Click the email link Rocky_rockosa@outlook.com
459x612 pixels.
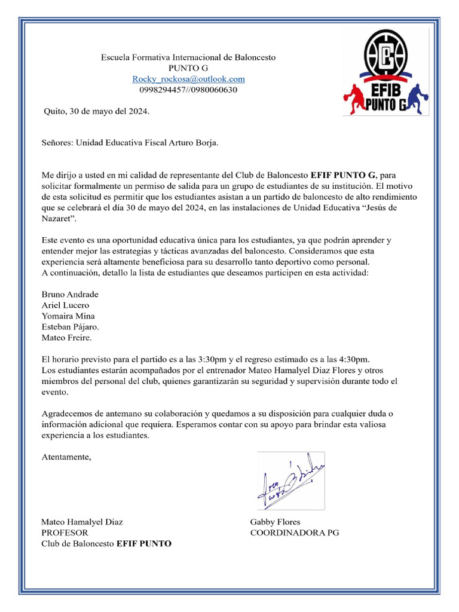point(188,79)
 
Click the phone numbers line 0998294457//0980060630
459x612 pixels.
point(188,90)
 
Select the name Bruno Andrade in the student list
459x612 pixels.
point(70,295)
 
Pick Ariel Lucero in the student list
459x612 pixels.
point(65,305)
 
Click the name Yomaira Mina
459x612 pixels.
point(68,316)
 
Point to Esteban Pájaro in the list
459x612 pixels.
point(71,327)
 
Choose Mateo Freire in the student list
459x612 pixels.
point(66,338)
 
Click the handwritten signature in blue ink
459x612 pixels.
point(290,481)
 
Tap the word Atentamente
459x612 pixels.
point(66,457)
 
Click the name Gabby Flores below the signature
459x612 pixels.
point(275,522)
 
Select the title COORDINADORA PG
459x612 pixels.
point(294,533)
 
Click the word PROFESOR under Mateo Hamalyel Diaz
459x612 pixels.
point(65,533)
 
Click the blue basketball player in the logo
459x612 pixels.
point(416,99)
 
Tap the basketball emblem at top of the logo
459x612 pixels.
point(386,56)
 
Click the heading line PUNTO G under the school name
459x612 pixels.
point(188,68)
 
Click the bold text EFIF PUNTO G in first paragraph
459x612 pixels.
point(343,175)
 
